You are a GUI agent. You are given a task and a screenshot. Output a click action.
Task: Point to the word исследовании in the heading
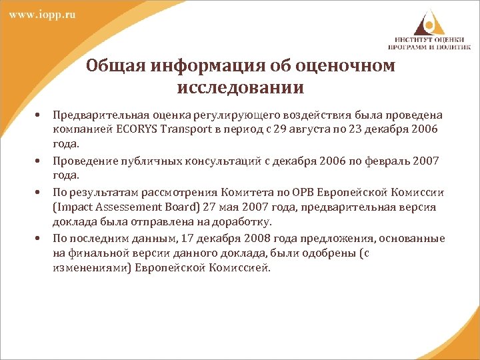click(x=241, y=87)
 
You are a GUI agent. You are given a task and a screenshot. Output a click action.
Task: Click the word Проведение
click(x=83, y=161)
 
